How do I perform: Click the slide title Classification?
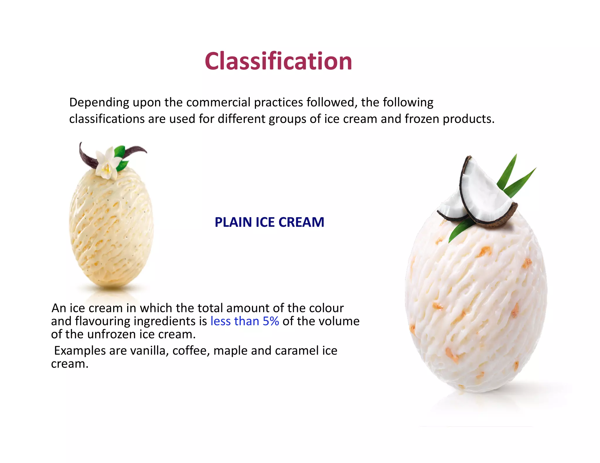[x=278, y=61]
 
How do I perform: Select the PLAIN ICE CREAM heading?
[x=269, y=222]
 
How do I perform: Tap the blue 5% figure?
[x=271, y=321]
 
